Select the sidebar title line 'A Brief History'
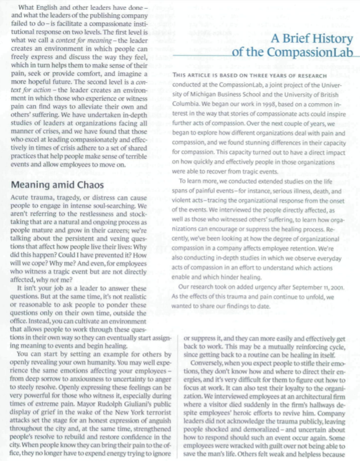[314, 39]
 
